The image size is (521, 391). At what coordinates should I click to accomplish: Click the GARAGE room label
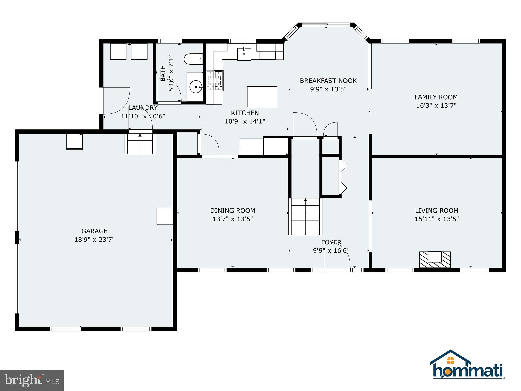click(94, 231)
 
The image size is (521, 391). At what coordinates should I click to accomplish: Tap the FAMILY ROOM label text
click(436, 97)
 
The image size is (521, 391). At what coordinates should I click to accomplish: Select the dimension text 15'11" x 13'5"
click(437, 219)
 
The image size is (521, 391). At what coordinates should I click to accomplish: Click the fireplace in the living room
click(435, 259)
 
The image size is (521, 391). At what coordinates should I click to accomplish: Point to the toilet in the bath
click(193, 59)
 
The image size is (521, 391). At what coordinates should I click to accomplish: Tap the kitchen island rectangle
click(262, 96)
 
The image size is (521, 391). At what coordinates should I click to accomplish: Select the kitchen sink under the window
click(244, 54)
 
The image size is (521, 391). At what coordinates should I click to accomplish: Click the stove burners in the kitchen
click(215, 81)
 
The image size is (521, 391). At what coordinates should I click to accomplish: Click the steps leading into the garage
click(140, 144)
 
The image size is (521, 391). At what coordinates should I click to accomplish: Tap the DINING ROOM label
click(233, 211)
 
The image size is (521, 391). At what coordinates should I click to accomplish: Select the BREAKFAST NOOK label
click(328, 81)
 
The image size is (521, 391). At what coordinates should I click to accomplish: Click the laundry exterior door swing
click(116, 101)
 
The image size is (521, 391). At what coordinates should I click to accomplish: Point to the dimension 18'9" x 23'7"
click(94, 240)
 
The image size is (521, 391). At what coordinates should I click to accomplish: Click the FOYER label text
click(331, 242)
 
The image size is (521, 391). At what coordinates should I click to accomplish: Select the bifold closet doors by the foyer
click(343, 177)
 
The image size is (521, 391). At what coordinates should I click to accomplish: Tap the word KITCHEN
click(245, 113)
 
